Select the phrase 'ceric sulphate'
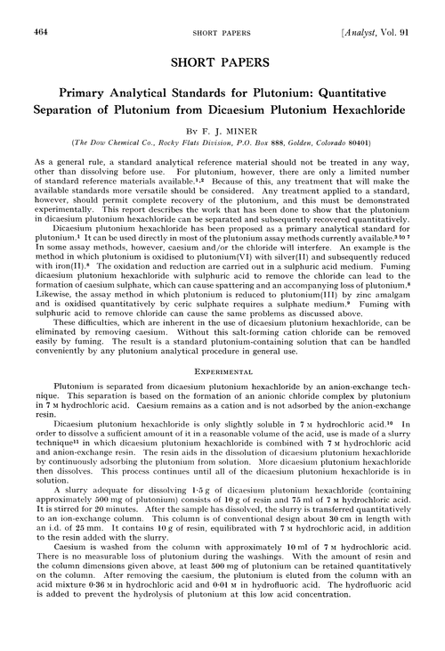[x=177, y=329]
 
